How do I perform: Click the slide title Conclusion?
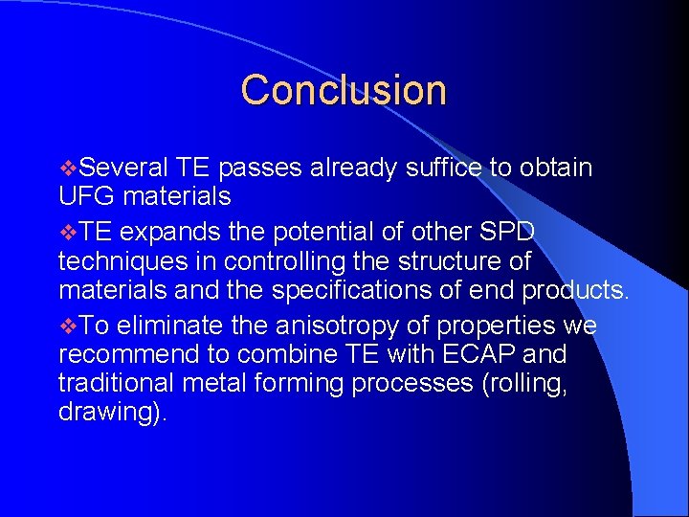[x=344, y=90]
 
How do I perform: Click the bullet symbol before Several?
[x=66, y=169]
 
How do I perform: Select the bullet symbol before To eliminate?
[x=66, y=326]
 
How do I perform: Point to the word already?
[x=352, y=169]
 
